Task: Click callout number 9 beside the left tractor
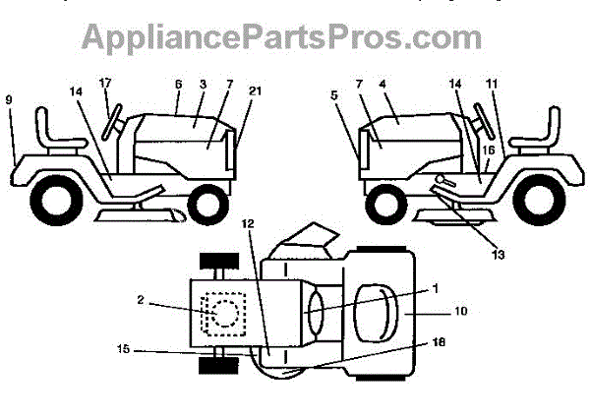point(9,99)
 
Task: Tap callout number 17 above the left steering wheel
point(105,81)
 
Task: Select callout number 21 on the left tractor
point(256,91)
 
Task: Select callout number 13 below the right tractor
point(499,255)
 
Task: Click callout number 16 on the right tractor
point(489,150)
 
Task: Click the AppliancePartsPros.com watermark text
point(280,37)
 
